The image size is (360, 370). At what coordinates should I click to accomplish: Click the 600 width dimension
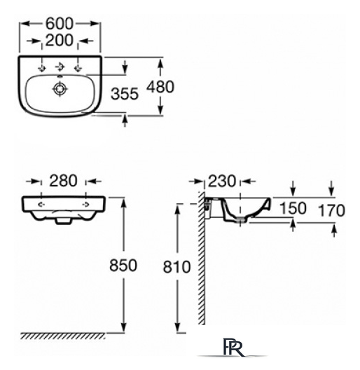click(x=60, y=24)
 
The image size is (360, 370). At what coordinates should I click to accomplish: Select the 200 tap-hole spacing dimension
click(x=60, y=41)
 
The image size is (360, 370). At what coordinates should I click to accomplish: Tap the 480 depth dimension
click(x=160, y=87)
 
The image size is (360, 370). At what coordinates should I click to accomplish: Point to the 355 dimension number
click(x=125, y=94)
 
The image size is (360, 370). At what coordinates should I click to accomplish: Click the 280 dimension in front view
click(x=63, y=181)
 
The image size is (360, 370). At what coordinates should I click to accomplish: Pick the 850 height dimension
click(x=123, y=265)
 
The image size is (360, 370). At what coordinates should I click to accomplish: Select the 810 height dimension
click(x=176, y=267)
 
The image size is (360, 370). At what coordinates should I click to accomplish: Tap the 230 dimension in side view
click(x=222, y=181)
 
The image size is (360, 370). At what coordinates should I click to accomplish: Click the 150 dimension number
click(x=293, y=208)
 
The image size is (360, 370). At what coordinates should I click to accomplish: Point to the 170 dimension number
click(x=331, y=210)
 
